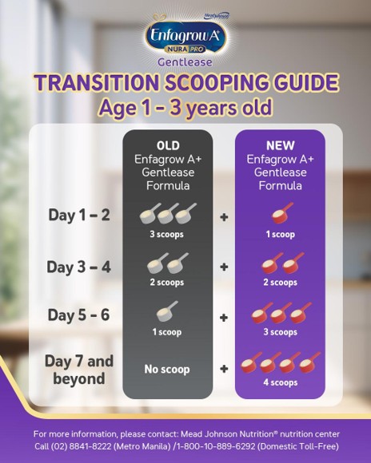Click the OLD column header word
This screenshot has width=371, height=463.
[x=168, y=146]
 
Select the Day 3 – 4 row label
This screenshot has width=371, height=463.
[x=79, y=265]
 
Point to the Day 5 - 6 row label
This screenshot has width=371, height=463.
[x=79, y=315]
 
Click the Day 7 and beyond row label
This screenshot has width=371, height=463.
[x=80, y=369]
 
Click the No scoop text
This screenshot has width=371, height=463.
[x=168, y=368]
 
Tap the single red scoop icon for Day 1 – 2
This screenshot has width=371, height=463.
[x=280, y=212]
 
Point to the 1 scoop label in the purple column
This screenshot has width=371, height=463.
[x=280, y=235]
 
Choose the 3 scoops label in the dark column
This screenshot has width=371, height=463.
[x=168, y=235]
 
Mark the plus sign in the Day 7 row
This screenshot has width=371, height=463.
[x=223, y=368]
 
